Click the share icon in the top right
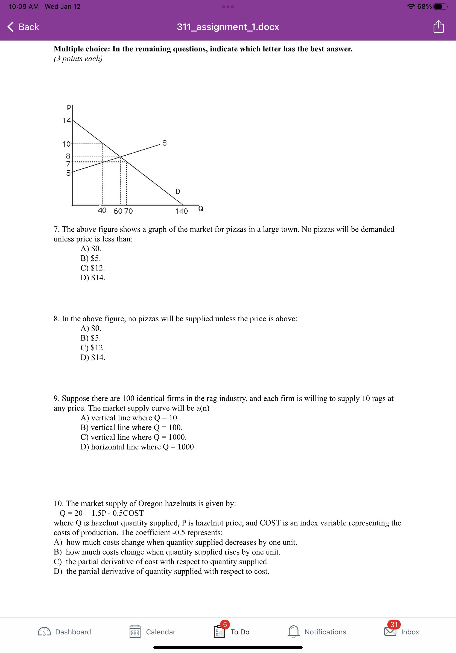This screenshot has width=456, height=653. [x=439, y=27]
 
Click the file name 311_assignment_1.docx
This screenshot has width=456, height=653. [x=228, y=27]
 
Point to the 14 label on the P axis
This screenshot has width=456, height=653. [x=66, y=121]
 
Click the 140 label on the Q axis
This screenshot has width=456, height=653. [x=181, y=211]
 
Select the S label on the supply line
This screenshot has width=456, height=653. [x=164, y=143]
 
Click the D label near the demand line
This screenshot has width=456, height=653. [x=178, y=191]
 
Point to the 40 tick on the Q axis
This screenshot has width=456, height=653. [x=102, y=211]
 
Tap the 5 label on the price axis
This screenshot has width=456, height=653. [x=68, y=173]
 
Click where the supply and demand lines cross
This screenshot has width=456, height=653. [x=120, y=157]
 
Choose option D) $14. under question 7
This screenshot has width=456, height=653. [x=93, y=278]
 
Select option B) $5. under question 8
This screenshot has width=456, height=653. [x=90, y=338]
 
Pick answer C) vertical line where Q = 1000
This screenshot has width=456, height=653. [x=133, y=437]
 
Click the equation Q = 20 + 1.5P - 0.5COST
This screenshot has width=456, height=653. [x=101, y=513]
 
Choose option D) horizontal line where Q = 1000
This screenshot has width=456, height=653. [x=138, y=447]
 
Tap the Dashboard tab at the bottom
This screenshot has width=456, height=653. [x=64, y=632]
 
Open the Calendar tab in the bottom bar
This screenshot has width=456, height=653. [x=152, y=632]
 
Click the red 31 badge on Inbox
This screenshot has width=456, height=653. [x=394, y=624]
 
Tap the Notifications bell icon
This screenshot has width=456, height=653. [x=293, y=631]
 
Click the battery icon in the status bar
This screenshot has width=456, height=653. [x=440, y=7]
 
